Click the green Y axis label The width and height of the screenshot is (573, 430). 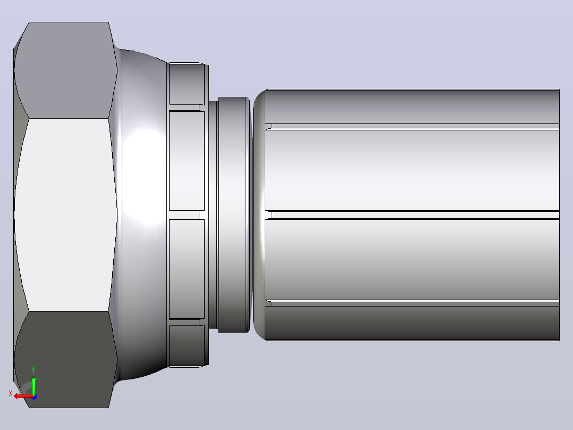coord(33,370)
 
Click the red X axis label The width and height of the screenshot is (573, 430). coord(11,393)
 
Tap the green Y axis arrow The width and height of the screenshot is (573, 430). coord(33,385)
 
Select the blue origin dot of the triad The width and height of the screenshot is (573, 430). coord(34,396)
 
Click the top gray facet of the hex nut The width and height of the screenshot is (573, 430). coord(66,70)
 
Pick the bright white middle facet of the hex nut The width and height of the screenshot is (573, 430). coord(66,215)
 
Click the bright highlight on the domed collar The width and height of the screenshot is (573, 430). coord(146,176)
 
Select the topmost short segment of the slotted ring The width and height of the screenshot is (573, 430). coord(187,84)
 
